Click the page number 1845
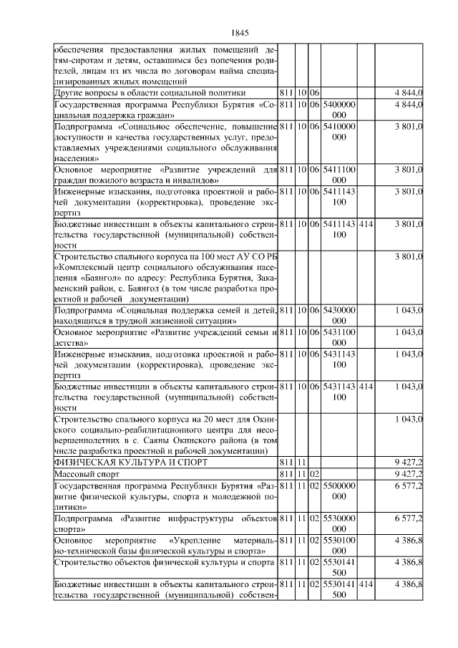coord(239,33)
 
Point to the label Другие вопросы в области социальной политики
coord(150,93)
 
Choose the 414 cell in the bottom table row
coord(366,586)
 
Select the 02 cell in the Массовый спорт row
coord(314,474)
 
